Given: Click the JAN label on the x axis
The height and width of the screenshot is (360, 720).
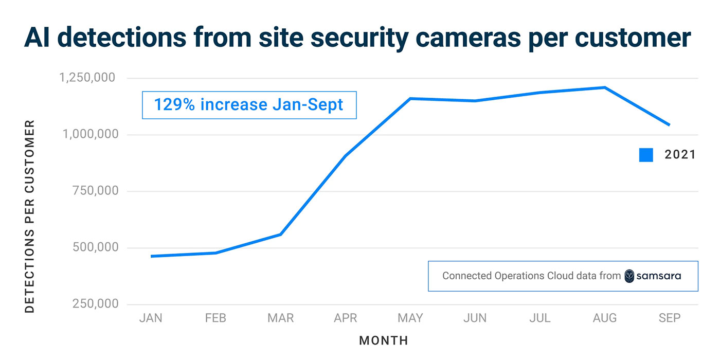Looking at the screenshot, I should (151, 318).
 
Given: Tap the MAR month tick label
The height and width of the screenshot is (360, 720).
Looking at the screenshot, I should (280, 318).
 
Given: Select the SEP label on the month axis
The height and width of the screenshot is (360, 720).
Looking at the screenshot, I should (670, 318).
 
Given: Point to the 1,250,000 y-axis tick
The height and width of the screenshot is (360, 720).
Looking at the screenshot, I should (87, 78).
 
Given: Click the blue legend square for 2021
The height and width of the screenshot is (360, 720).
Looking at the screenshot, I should (646, 155).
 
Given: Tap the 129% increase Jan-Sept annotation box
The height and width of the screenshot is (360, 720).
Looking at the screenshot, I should (249, 105).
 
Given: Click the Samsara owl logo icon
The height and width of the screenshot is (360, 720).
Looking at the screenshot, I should (629, 276).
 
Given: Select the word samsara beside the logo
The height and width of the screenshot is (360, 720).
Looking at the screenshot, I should (659, 276).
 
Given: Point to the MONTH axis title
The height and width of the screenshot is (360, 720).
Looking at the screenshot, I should (384, 340).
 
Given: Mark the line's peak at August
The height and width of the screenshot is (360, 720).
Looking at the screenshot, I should (605, 87).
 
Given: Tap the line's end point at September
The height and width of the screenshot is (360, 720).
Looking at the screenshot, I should (669, 125).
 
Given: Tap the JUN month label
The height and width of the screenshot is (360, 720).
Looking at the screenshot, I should (475, 318).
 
